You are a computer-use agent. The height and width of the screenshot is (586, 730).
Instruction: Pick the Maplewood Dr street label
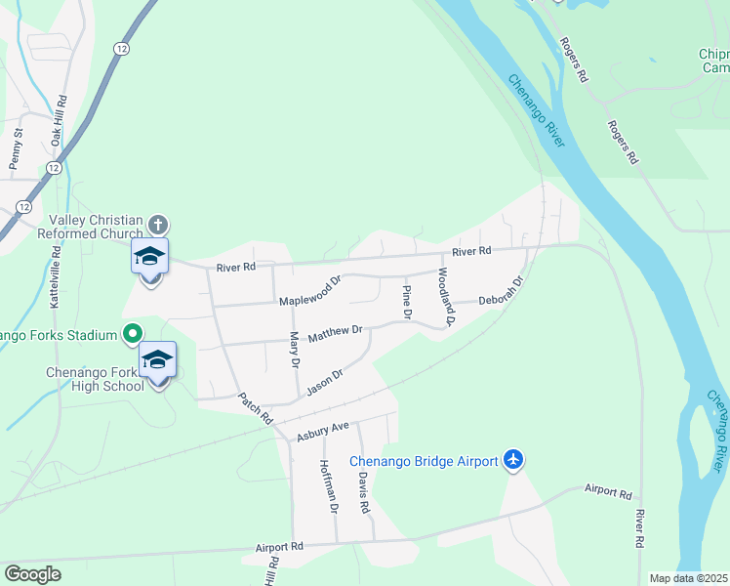(x=310, y=290)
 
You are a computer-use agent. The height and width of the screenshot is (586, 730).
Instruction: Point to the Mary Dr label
(x=294, y=349)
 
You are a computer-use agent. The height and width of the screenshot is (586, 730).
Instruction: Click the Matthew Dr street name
(x=335, y=334)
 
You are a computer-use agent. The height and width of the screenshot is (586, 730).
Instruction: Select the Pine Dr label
(x=407, y=300)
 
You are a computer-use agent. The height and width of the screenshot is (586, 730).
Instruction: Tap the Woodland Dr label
(x=446, y=295)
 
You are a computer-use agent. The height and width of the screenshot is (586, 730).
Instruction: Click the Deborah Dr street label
(x=502, y=293)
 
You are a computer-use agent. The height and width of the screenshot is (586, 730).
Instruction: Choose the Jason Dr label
(x=325, y=382)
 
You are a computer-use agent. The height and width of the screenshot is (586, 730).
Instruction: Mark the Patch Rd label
(x=256, y=408)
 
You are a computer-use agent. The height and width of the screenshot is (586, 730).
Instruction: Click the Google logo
(x=32, y=574)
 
